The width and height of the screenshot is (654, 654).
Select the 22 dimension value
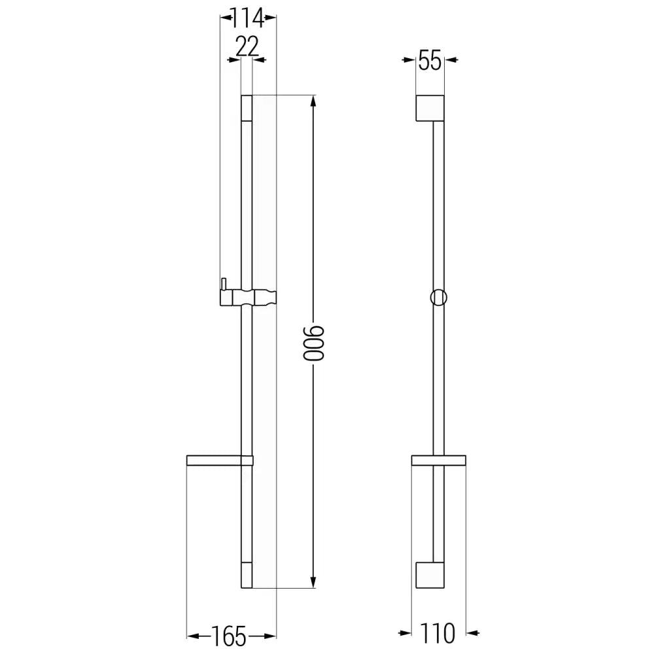coord(247,47)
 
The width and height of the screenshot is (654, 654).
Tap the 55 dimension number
coord(430,61)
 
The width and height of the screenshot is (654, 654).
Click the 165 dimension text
coord(229,634)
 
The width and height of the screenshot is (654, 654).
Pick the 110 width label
coord(438,633)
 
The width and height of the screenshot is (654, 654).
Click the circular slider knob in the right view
coord(439,297)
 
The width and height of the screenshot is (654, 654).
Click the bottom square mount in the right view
coord(430,575)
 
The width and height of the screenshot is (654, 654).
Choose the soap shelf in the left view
coord(219,460)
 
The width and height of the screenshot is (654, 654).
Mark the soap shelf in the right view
coord(438,460)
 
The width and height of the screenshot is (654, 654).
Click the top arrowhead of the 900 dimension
coord(315,101)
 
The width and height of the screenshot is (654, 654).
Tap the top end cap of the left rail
coord(247,109)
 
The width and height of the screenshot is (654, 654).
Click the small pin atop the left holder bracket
coord(223,283)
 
